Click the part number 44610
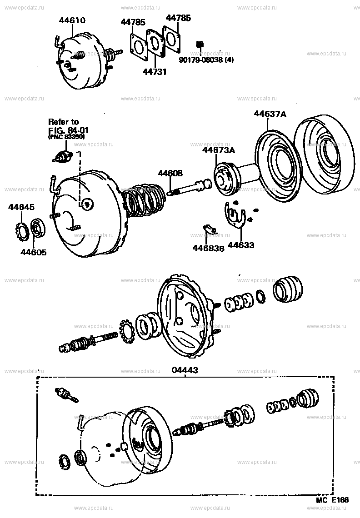72,20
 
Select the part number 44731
155,72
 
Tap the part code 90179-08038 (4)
206,59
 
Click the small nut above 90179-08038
199,44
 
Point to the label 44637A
270,115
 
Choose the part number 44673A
219,150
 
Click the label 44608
170,173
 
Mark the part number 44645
21,208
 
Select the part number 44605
33,252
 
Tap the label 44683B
208,248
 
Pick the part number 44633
241,245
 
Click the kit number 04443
185,370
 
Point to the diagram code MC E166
333,500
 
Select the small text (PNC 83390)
67,136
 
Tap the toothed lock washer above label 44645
22,229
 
